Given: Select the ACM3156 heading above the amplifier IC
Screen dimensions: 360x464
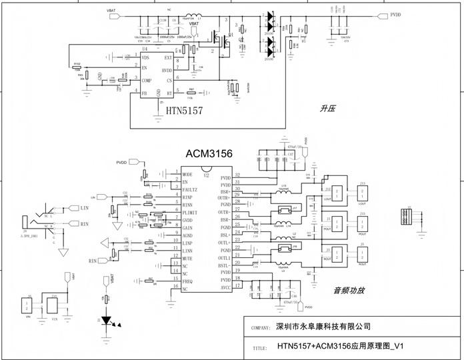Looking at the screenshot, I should point(209,154).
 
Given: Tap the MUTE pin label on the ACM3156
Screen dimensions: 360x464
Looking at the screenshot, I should point(188,257).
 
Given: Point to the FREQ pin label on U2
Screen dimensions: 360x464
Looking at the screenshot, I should point(189,280).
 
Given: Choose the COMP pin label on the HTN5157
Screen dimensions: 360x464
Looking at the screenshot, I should point(147,80).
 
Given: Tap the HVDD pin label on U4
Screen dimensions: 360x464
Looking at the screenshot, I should point(167,70).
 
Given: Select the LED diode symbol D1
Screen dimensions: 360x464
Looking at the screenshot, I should point(105,321).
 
